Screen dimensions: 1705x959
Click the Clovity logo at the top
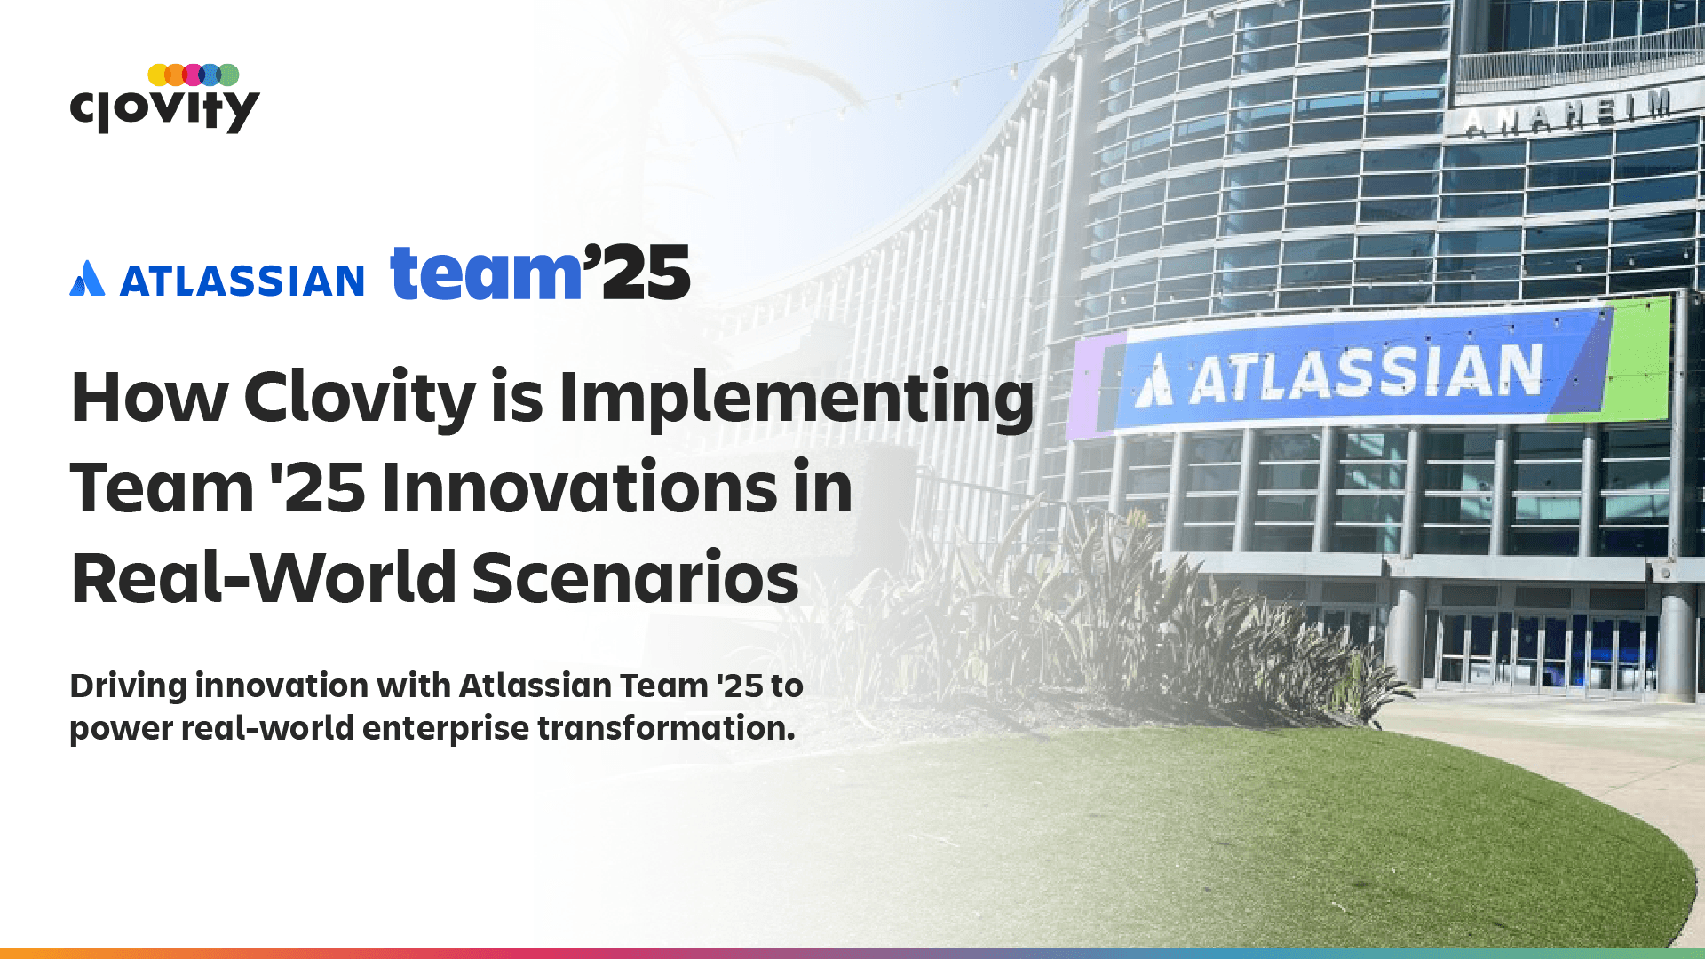point(164,99)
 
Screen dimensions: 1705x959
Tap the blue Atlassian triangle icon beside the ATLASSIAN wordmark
point(87,278)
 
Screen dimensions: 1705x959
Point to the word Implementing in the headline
point(797,399)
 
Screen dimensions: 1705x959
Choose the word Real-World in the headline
point(264,578)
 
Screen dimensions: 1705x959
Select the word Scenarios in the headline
point(635,578)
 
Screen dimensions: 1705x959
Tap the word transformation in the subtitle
point(666,728)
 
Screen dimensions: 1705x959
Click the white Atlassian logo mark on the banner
point(1154,381)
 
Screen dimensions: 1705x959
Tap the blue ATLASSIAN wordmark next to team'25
point(242,281)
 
